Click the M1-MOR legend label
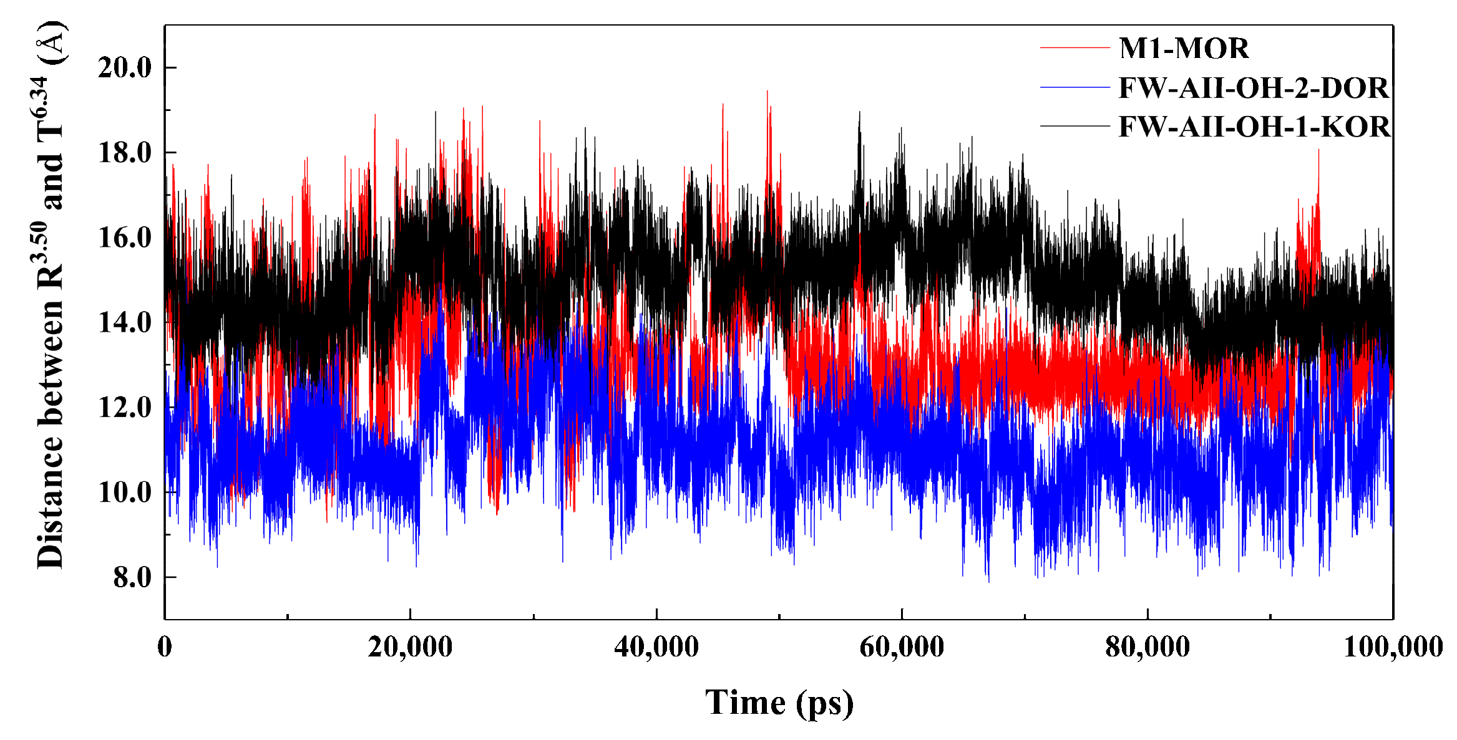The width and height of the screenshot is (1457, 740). pos(1184,49)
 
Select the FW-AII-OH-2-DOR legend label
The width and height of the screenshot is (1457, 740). pos(1254,88)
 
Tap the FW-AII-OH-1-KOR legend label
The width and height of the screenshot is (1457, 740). pos(1254,127)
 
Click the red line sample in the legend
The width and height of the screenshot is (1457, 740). pos(1074,47)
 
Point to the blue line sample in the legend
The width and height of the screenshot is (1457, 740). pos(1074,87)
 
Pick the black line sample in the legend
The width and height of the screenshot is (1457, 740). pos(1074,127)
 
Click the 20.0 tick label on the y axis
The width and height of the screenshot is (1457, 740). pos(125,67)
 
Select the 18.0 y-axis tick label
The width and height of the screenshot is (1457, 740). pos(125,153)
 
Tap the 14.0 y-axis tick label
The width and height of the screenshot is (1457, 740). pos(125,323)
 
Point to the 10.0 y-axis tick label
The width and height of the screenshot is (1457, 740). pos(125,493)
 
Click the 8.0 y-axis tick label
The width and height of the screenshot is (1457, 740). pos(132,578)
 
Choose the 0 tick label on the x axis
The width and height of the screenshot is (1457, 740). pos(165,646)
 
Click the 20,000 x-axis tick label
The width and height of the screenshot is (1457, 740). pos(410,646)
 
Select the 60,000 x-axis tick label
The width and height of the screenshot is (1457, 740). pos(902,646)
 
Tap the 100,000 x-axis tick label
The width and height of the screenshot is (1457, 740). pos(1393,646)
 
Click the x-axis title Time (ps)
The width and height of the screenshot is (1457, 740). pos(779,703)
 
